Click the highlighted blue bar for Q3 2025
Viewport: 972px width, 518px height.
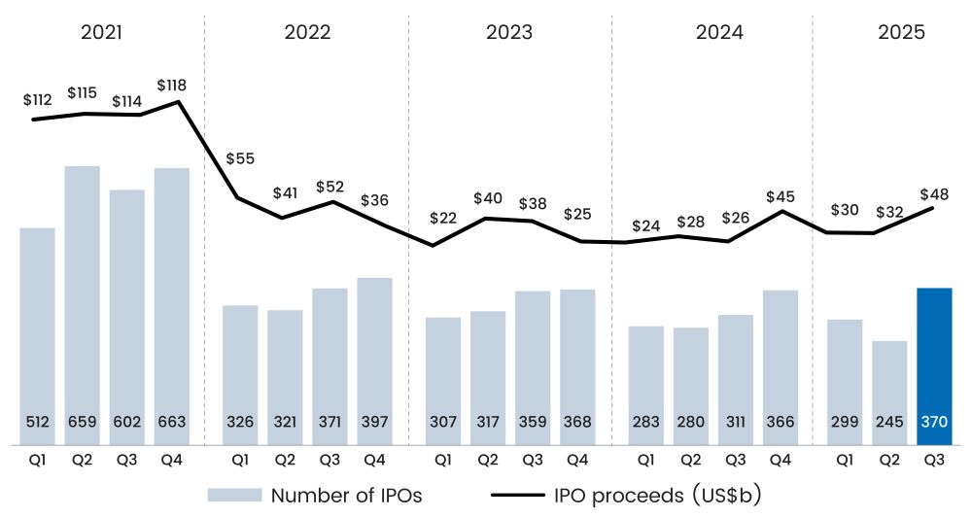pyautogui.click(x=934, y=366)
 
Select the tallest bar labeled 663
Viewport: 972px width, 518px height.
pyautogui.click(x=172, y=306)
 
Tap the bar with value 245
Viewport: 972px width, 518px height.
pyautogui.click(x=889, y=393)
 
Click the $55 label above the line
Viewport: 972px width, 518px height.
pyautogui.click(x=242, y=158)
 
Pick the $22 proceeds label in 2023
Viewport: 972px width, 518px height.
pyautogui.click(x=442, y=218)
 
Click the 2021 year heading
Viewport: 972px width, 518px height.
pyautogui.click(x=101, y=31)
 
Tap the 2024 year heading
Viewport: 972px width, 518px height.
pyautogui.click(x=719, y=31)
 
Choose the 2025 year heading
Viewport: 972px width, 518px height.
pyautogui.click(x=901, y=31)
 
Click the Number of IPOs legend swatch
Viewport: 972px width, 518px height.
pyautogui.click(x=234, y=495)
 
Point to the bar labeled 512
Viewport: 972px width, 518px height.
pyautogui.click(x=38, y=336)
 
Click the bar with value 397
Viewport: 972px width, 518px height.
pyautogui.click(x=374, y=362)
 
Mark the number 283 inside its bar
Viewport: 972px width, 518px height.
pyautogui.click(x=646, y=423)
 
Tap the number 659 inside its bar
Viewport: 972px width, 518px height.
pyautogui.click(x=83, y=423)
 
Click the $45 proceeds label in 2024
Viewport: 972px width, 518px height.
pyautogui.click(x=781, y=197)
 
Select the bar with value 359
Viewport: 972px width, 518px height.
pyautogui.click(x=533, y=367)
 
